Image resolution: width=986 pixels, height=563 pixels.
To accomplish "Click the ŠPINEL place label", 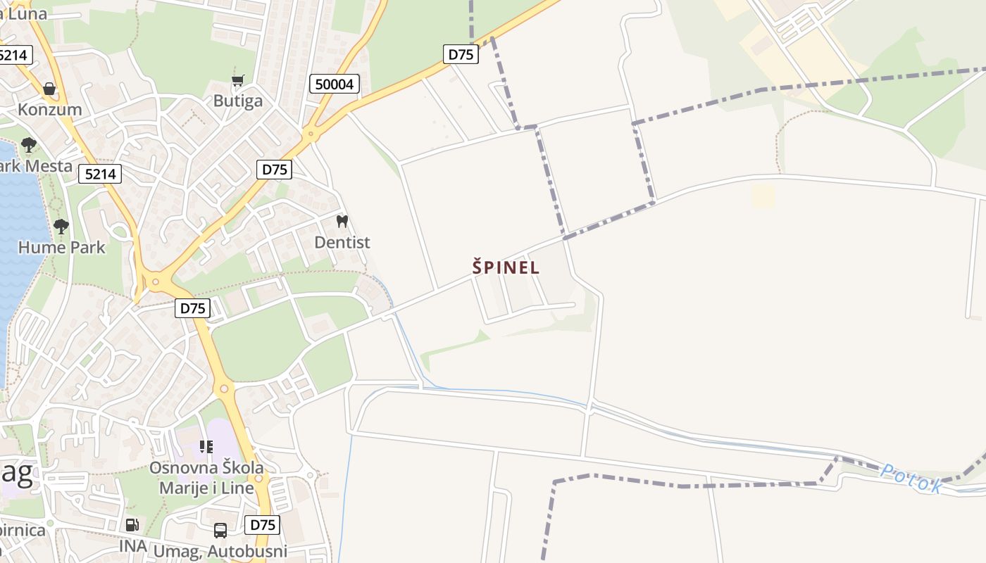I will click(x=506, y=267).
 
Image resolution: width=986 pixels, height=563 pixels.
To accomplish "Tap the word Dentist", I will click(x=342, y=242).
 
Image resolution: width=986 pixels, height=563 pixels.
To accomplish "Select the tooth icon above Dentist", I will click(x=342, y=221).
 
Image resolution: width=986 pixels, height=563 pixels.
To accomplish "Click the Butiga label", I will click(x=238, y=101).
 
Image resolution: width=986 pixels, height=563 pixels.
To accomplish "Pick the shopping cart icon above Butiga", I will click(x=238, y=81).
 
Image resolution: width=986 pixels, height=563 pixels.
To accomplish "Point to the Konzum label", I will click(x=49, y=109).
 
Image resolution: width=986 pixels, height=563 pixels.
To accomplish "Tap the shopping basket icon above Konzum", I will click(x=49, y=89).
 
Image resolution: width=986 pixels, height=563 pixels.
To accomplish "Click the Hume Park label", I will click(x=61, y=247).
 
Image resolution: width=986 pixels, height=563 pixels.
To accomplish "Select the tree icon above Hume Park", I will click(x=61, y=226).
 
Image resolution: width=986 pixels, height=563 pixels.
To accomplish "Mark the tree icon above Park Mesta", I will click(x=28, y=145).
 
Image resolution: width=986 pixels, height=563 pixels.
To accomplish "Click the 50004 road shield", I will click(x=335, y=84).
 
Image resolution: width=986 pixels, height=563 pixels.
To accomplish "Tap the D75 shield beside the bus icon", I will click(x=262, y=524).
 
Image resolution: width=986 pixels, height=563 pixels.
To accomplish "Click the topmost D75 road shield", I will click(x=461, y=53).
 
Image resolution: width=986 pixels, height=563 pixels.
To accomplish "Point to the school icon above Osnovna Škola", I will click(x=206, y=446).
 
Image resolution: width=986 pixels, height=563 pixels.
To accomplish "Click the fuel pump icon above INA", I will click(x=132, y=524).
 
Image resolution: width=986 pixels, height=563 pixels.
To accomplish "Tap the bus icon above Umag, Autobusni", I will click(x=220, y=530).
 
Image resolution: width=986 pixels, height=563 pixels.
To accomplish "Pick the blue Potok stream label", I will click(x=911, y=478).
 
